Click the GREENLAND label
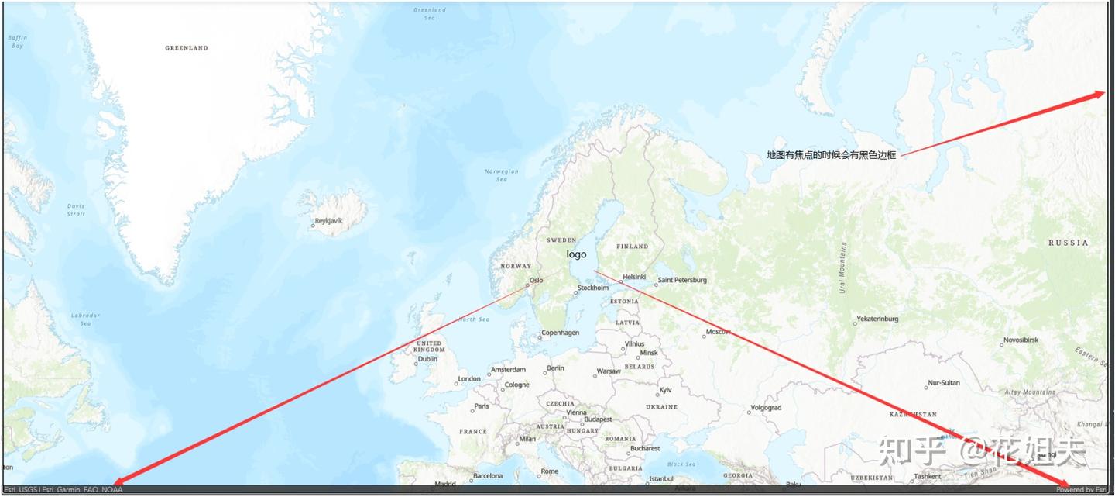click(187, 48)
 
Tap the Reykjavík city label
click(329, 221)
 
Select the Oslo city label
click(536, 281)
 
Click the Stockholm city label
click(593, 288)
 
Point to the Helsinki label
click(634, 277)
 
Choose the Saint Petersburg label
click(682, 280)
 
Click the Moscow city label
click(718, 332)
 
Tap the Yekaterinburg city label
click(877, 319)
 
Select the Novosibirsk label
click(1021, 340)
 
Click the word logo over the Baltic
click(576, 254)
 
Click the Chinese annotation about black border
click(831, 155)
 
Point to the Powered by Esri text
click(1082, 490)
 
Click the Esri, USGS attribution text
click(63, 490)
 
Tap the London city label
click(469, 379)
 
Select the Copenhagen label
click(561, 333)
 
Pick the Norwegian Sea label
click(502, 175)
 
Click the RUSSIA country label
click(1068, 243)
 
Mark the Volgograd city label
click(766, 408)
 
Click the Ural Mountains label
click(842, 268)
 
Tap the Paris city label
click(482, 406)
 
